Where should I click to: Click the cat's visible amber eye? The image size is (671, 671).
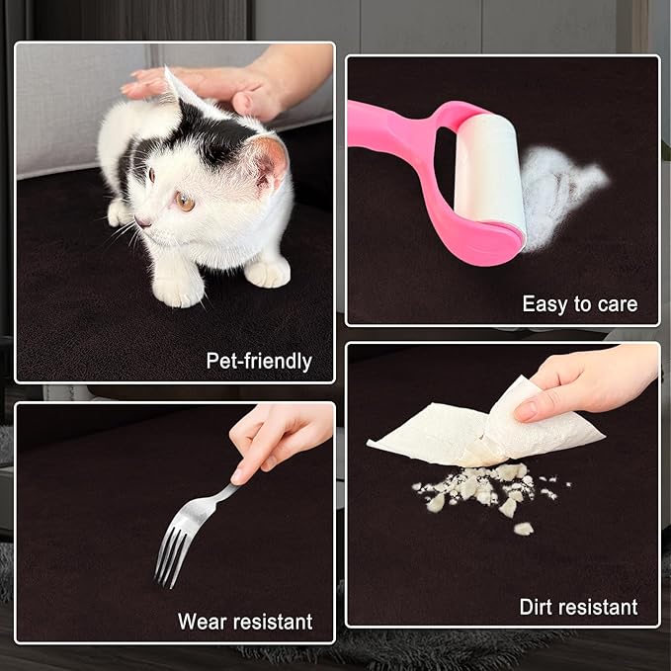coord(185,202)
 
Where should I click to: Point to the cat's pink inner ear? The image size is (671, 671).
coord(272,164)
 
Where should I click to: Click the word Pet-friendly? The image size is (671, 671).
coord(259,361)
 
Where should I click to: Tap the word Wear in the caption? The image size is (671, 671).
coord(203,622)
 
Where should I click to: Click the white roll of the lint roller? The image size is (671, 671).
coord(489,172)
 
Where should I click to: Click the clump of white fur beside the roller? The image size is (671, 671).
coord(560,193)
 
